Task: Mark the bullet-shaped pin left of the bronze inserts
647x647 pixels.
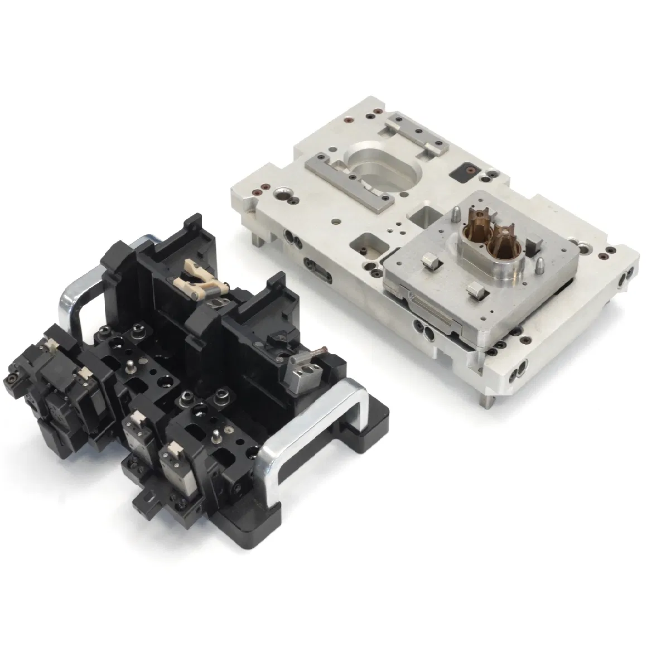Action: point(456,215)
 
